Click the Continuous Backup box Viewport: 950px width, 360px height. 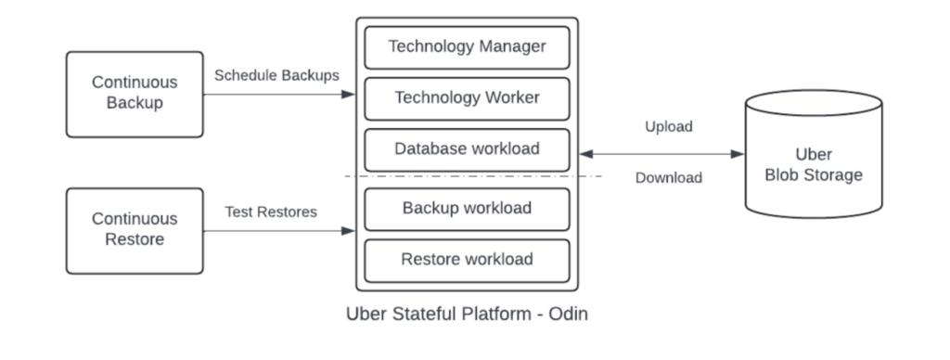click(x=135, y=95)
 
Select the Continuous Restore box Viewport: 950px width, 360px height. click(x=135, y=231)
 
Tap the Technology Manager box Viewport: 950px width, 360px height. click(x=468, y=47)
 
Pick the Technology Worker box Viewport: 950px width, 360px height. click(x=468, y=98)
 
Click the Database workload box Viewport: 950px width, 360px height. click(x=468, y=149)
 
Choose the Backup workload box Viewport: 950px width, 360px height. click(x=468, y=209)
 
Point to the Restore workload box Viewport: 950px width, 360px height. click(x=468, y=261)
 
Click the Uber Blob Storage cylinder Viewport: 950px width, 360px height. click(x=814, y=154)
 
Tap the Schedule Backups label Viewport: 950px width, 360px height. click(x=276, y=76)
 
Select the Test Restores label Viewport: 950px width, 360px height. click(x=271, y=212)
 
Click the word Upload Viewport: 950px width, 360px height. click(x=669, y=127)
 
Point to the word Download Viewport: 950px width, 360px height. click(x=669, y=177)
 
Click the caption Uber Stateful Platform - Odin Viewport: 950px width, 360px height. click(x=468, y=314)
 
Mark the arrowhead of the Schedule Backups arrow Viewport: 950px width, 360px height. click(x=349, y=95)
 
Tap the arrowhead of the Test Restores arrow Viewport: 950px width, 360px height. click(x=349, y=231)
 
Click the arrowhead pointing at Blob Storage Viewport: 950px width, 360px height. click(x=738, y=154)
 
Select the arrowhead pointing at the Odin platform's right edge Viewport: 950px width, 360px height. click(x=586, y=154)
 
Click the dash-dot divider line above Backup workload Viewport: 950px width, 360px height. click(x=473, y=176)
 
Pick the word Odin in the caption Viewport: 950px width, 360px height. click(x=569, y=314)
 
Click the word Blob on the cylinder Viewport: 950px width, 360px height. click(x=779, y=175)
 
